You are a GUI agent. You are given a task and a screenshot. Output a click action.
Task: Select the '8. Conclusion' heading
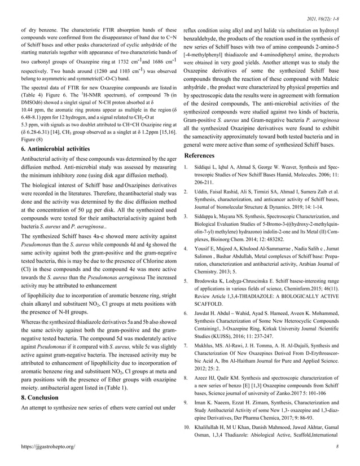pos(41,398)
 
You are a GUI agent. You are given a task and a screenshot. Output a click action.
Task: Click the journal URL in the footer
pos(47,446)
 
